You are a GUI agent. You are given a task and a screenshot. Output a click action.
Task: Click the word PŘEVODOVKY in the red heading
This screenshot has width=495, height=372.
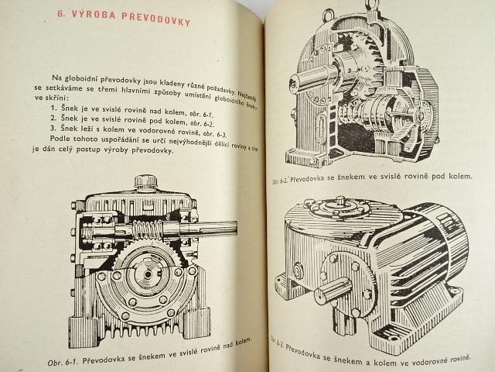click(156, 19)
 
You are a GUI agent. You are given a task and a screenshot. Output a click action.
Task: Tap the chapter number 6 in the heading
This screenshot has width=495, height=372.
click(60, 13)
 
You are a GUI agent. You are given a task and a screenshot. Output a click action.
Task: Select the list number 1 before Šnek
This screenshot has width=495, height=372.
click(53, 108)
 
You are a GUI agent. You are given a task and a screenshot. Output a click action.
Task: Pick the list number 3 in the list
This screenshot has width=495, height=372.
click(53, 128)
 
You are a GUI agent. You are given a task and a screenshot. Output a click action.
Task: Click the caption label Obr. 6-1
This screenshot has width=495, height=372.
click(64, 362)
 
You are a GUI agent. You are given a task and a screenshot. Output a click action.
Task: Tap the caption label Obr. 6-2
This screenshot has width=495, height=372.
click(280, 181)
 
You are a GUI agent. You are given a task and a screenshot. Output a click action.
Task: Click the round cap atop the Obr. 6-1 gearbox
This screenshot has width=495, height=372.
click(145, 181)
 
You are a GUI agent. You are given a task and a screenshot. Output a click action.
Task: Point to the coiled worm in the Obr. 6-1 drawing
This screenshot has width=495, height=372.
click(147, 229)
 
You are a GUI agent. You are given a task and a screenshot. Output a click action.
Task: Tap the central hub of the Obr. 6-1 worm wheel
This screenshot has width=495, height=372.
click(148, 274)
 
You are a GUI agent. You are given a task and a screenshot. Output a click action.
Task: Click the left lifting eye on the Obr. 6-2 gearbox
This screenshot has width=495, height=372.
click(328, 15)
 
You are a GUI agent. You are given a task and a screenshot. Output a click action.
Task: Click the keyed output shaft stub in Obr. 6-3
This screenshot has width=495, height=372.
click(333, 291)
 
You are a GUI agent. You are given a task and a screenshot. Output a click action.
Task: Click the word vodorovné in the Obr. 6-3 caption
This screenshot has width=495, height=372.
click(427, 360)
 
